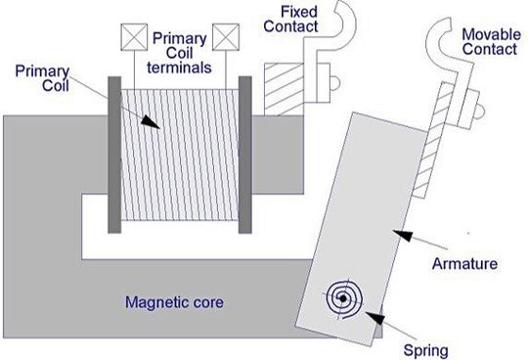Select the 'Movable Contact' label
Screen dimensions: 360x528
coord(489,40)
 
